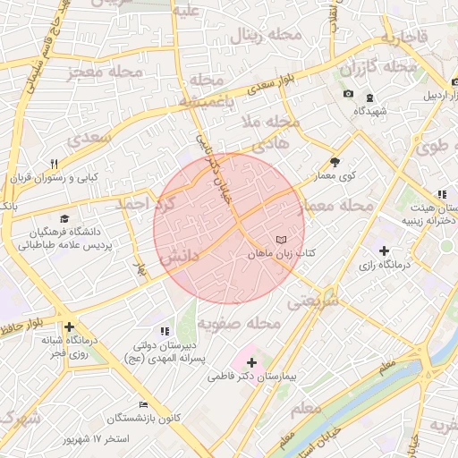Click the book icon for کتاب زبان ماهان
[x=283, y=241]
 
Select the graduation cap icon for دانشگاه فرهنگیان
[x=64, y=219]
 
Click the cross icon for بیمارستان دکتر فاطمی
[x=250, y=363]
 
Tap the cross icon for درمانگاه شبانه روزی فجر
[x=68, y=327]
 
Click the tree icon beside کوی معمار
[x=335, y=162]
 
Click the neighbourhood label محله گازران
[x=379, y=67]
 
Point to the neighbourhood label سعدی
[x=81, y=139]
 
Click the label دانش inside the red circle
[x=180, y=259]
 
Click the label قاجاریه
[x=399, y=38]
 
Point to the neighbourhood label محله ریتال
[x=259, y=36]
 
